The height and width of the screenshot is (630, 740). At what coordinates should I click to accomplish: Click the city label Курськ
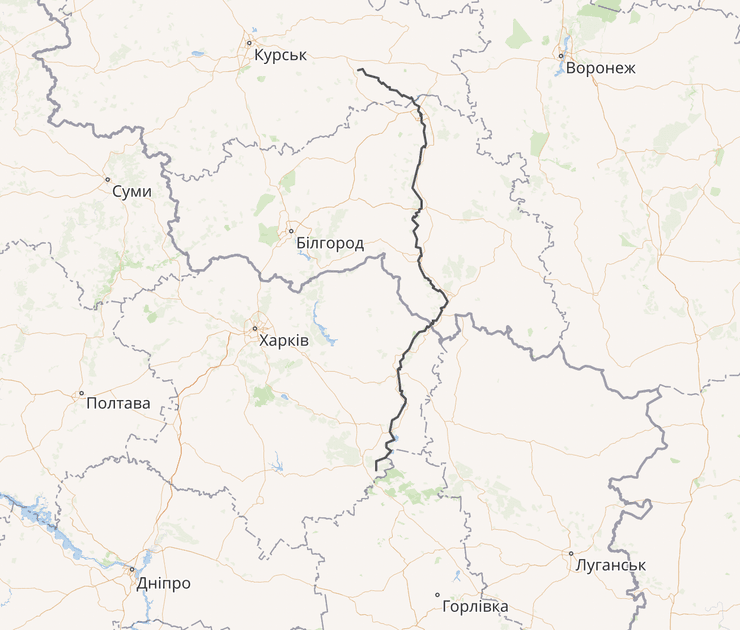pos(280,55)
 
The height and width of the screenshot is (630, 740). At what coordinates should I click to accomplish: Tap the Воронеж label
pos(600,69)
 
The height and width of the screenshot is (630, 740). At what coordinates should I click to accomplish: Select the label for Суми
pos(132,191)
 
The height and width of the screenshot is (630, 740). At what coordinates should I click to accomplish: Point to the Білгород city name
pos(330,243)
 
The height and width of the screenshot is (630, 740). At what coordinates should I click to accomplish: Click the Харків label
pos(284,341)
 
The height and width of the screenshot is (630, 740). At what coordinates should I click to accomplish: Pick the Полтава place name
pos(119,404)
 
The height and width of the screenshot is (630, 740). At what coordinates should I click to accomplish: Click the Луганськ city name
pos(611,565)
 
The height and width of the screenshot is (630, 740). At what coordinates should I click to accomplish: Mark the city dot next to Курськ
pos(249,43)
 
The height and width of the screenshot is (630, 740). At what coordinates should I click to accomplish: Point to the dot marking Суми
pos(107,180)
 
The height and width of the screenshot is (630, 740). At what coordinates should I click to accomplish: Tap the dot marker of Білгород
pos(291,231)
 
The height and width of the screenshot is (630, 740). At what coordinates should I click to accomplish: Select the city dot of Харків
pos(255,328)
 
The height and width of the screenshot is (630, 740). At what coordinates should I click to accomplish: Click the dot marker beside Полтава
pos(82,393)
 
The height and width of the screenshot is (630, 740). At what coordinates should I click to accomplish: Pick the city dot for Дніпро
pos(131,571)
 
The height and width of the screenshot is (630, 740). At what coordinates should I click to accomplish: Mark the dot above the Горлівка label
pos(437,595)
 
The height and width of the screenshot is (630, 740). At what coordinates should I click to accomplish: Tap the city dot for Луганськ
pos(571,553)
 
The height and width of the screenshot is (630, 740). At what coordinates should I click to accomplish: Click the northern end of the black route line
pos(358,69)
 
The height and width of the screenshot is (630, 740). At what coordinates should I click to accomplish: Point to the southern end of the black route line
pos(377,469)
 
